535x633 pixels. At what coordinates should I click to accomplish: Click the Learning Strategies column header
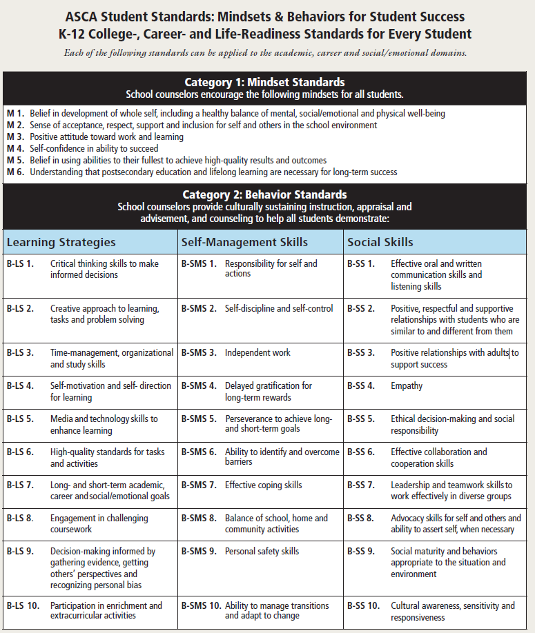pyautogui.click(x=61, y=242)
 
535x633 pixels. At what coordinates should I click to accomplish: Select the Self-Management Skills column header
pyautogui.click(x=244, y=242)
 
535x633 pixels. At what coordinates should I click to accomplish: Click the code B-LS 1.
pyautogui.click(x=20, y=263)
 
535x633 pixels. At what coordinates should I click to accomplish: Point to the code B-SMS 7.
pyautogui.click(x=199, y=485)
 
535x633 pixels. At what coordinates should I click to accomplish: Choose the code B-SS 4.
pyautogui.click(x=361, y=385)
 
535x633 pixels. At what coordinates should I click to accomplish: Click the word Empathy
pyautogui.click(x=407, y=385)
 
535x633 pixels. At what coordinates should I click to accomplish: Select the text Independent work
pyautogui.click(x=257, y=352)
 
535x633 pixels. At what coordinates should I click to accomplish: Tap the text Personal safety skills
pyautogui.click(x=262, y=551)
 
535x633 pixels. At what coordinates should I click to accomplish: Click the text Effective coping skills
pyautogui.click(x=263, y=485)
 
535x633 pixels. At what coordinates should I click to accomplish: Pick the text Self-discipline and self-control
pyautogui.click(x=279, y=308)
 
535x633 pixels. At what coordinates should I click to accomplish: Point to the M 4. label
pyautogui.click(x=15, y=148)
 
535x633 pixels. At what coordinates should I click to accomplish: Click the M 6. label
pyautogui.click(x=15, y=172)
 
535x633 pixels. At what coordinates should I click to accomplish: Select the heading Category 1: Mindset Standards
pyautogui.click(x=264, y=83)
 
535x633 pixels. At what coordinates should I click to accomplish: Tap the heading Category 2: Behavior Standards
pyautogui.click(x=264, y=194)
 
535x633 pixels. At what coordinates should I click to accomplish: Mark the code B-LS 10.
pyautogui.click(x=22, y=605)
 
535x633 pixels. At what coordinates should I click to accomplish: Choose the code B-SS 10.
pyautogui.click(x=363, y=605)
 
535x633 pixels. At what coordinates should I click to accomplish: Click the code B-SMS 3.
pyautogui.click(x=199, y=352)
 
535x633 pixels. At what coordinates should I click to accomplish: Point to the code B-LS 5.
pyautogui.click(x=20, y=419)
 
